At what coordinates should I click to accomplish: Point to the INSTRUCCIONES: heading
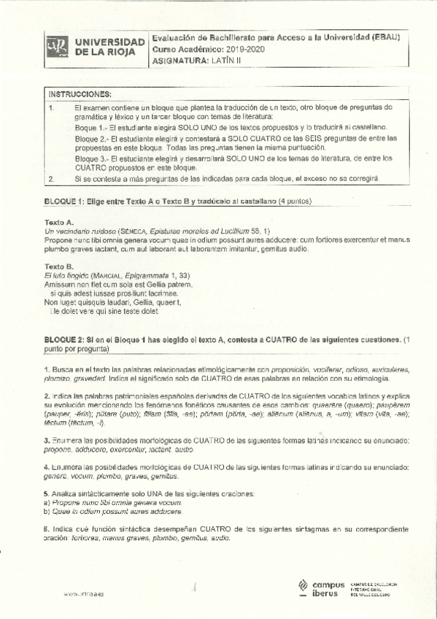[80, 94]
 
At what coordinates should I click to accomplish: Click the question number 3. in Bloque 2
[47, 440]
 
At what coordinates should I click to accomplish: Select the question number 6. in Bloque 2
[47, 528]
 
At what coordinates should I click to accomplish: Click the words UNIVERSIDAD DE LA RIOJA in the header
[109, 47]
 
